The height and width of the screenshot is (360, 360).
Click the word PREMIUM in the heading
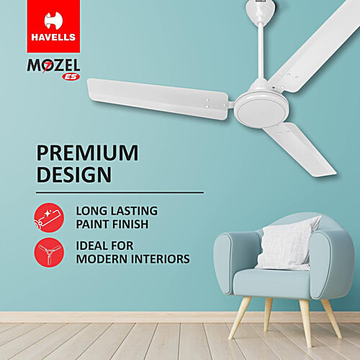click(87, 153)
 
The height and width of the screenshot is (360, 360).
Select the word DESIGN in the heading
click(75, 174)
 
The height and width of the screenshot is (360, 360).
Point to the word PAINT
click(94, 225)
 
